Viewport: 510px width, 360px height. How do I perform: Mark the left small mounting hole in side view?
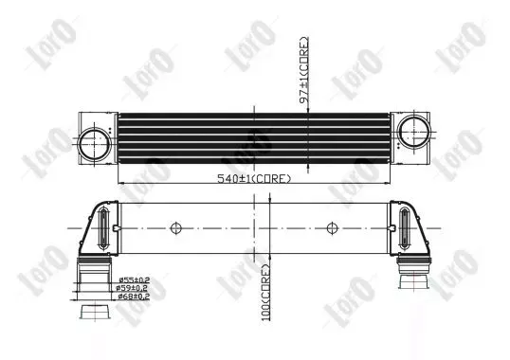(175, 227)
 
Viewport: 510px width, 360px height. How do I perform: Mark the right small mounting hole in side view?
(331, 227)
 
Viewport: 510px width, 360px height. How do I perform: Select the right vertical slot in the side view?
(406, 228)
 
